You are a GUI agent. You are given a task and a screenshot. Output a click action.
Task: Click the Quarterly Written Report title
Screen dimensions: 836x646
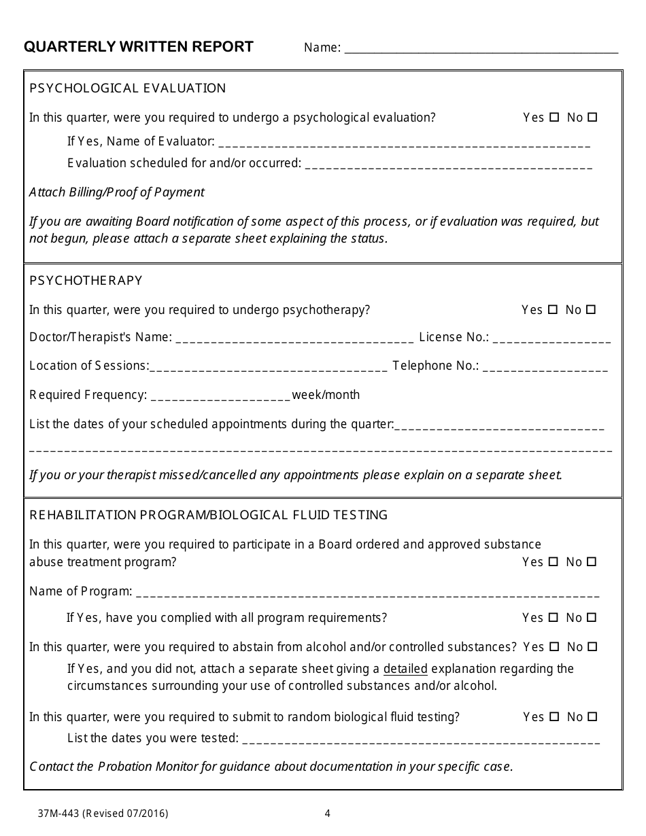pos(139,47)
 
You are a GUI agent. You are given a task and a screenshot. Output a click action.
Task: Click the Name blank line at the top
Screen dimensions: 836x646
pos(481,49)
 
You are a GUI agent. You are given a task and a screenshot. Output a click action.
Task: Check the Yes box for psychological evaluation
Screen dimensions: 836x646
pos(554,117)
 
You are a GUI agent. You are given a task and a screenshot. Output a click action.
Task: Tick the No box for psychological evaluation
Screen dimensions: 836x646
pos(592,117)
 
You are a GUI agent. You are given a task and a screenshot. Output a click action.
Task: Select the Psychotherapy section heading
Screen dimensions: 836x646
pos(86,281)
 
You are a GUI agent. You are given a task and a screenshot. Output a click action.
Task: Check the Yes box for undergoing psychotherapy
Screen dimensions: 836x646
pos(553,309)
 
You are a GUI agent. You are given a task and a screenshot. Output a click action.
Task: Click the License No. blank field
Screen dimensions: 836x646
pos(551,338)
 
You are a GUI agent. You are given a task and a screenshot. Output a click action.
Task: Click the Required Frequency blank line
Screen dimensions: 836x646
pos(220,396)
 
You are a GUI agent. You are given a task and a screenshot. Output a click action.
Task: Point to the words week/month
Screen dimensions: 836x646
pos(326,395)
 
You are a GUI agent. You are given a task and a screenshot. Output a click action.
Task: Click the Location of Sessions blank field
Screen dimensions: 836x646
pos(269,367)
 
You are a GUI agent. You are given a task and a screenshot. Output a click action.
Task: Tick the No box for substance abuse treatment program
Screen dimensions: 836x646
pos(592,562)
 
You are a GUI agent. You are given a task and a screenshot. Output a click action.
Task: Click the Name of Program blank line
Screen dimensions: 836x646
pos(367,593)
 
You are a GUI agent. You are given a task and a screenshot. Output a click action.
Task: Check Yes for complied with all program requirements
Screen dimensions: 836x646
pos(554,618)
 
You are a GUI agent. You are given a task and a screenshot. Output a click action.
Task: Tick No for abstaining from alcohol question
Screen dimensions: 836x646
pos(592,647)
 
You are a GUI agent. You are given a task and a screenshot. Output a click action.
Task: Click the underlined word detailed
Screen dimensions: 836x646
pos(405,669)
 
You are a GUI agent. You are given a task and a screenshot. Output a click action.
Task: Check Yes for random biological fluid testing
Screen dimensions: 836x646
pos(554,716)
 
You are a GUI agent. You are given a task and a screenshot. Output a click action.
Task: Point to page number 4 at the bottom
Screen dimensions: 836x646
pos(327,813)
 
